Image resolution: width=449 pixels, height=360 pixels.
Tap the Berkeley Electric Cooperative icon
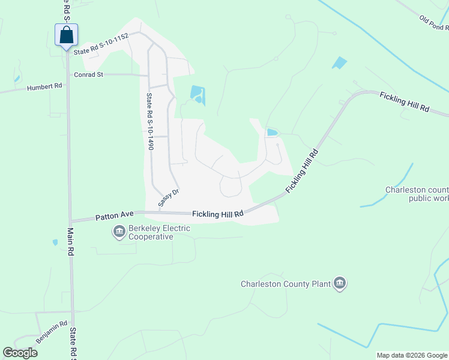coord(119,231)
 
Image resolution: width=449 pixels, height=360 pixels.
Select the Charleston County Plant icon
coord(340,283)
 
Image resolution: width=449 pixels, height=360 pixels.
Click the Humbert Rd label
coord(44,88)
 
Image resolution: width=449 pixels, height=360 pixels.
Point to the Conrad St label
coord(89,75)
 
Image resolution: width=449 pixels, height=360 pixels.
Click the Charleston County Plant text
coord(285,284)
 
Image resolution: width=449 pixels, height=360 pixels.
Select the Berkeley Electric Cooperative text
coord(152,232)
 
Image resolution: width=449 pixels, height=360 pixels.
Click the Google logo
coord(20,353)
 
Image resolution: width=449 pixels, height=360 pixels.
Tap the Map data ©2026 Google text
coord(412,355)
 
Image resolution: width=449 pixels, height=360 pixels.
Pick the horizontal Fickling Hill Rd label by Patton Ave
coord(217,214)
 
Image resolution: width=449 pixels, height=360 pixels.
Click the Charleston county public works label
coord(417,194)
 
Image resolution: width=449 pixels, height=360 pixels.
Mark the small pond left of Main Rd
coord(55,242)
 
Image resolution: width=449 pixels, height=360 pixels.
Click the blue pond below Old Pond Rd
coord(339,62)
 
